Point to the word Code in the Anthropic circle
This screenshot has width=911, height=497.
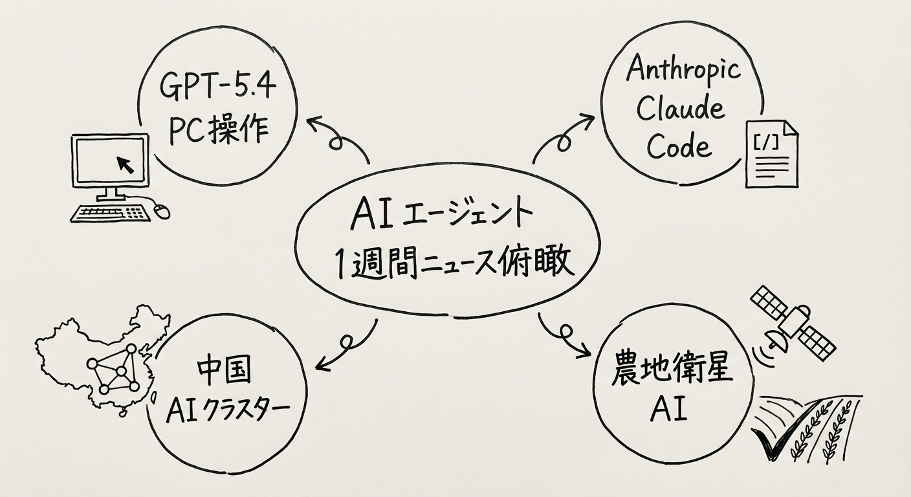coord(679,146)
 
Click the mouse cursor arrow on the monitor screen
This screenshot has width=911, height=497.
coord(126,165)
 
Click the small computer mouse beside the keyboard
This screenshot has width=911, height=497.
coord(162,210)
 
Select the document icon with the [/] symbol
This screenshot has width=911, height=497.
coord(771,154)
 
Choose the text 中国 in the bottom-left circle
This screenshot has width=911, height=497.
coord(222,374)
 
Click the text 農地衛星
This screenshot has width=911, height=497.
coord(672,374)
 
